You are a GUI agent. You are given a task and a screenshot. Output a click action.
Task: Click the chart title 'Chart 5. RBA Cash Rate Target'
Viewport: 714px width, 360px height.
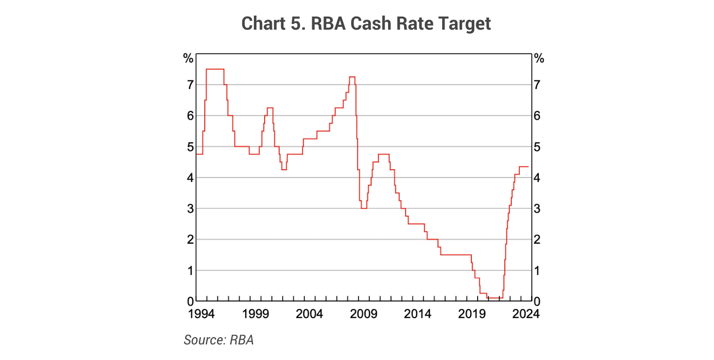[x=366, y=23]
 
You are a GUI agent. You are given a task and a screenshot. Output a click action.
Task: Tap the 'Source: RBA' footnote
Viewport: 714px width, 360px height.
[x=218, y=340]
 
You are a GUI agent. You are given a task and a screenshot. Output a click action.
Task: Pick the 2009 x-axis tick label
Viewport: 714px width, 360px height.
[x=363, y=314]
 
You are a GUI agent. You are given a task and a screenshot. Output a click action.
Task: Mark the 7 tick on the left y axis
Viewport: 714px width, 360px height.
[x=190, y=85]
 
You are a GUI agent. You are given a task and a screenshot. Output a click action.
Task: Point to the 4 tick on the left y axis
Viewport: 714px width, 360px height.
[x=190, y=178]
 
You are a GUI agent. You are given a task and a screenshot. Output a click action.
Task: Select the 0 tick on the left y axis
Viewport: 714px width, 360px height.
[x=190, y=301]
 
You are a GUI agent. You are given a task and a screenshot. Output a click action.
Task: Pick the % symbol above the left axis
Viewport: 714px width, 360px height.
[x=188, y=58]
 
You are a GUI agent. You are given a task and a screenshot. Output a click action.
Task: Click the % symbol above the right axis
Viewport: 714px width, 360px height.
[x=539, y=58]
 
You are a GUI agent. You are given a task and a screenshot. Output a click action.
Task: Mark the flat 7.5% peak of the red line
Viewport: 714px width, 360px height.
[x=215, y=69]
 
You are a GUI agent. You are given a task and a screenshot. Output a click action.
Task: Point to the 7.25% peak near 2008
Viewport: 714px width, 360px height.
[x=352, y=77]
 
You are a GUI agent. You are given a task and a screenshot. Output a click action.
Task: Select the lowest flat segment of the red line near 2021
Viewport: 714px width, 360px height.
[x=495, y=298]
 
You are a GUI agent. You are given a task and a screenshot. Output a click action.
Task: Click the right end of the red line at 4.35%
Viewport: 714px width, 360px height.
[x=528, y=166]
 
